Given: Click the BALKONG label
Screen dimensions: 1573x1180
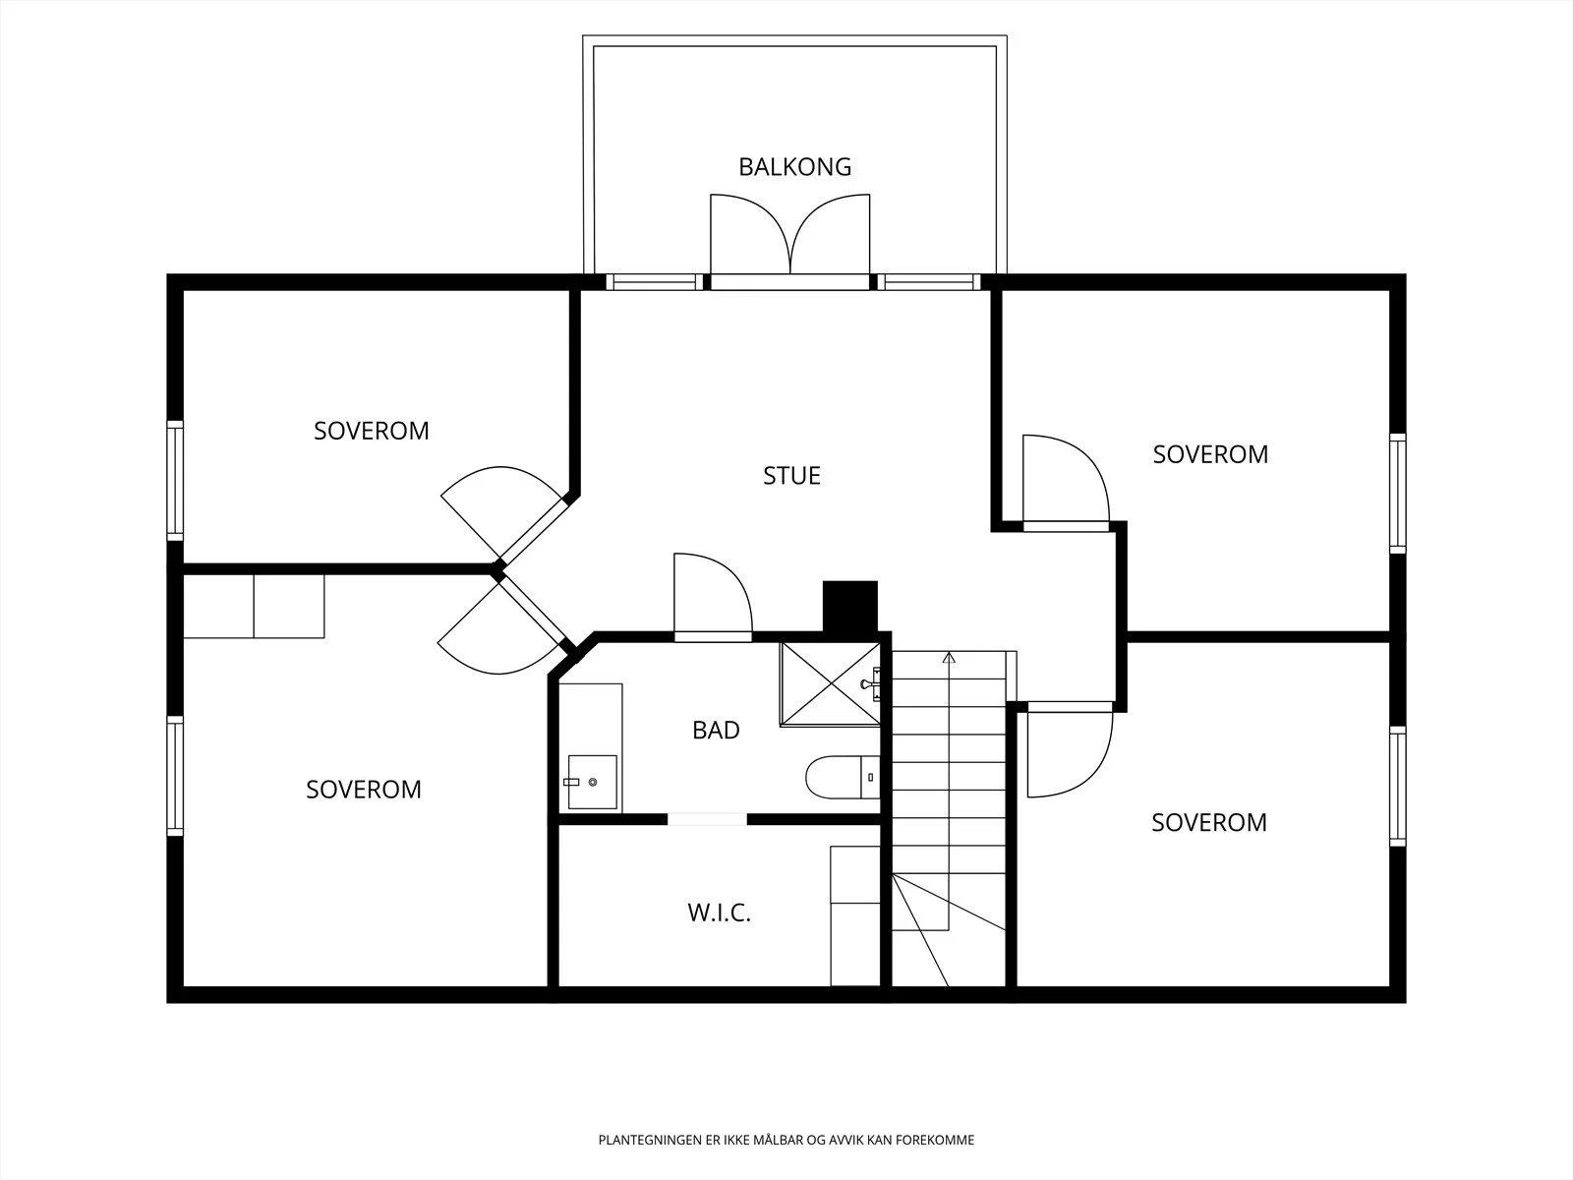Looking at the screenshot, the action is pyautogui.click(x=794, y=167).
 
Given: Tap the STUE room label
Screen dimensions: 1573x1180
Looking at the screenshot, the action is pyautogui.click(x=791, y=476).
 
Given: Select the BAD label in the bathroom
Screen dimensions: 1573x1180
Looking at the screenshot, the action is pyautogui.click(x=716, y=730).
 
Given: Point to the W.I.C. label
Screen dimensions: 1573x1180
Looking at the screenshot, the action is pyautogui.click(x=719, y=913).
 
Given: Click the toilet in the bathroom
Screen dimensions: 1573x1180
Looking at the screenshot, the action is pyautogui.click(x=842, y=778).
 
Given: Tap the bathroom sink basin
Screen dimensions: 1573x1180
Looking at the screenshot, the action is pyautogui.click(x=592, y=782).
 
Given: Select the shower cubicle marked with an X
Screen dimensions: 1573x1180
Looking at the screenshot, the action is pyautogui.click(x=830, y=683).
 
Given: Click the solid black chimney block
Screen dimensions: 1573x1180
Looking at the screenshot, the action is pyautogui.click(x=850, y=607).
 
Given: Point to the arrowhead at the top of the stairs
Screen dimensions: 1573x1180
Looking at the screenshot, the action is pyautogui.click(x=949, y=657).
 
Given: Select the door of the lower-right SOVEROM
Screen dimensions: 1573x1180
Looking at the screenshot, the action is pyautogui.click(x=1070, y=749).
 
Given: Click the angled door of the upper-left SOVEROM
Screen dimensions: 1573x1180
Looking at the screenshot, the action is pyautogui.click(x=504, y=513).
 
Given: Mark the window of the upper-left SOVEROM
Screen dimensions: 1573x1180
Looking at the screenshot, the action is pyautogui.click(x=175, y=481).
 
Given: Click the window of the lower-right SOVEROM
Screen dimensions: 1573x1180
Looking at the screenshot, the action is pyautogui.click(x=1397, y=786).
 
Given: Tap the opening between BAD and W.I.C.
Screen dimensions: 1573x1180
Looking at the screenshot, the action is pyautogui.click(x=707, y=819).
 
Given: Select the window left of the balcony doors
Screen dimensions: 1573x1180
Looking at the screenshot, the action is pyautogui.click(x=655, y=282).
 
